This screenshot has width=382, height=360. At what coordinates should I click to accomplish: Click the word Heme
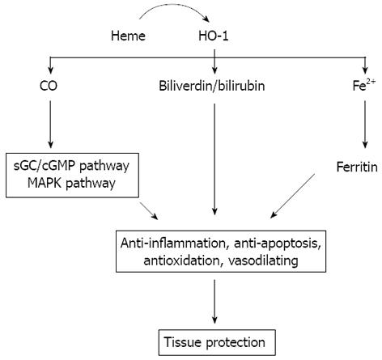tap(128, 36)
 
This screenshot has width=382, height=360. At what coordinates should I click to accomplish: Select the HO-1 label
tap(214, 36)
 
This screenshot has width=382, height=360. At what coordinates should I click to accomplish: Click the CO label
tap(49, 86)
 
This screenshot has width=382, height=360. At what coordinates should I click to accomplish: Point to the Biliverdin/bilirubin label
tap(212, 86)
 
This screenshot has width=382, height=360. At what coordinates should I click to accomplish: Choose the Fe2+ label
tap(364, 86)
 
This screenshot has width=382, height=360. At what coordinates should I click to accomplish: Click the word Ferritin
tap(357, 167)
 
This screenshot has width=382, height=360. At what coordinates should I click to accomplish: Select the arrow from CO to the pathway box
tap(50, 125)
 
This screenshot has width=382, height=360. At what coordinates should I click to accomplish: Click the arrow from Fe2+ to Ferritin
tap(365, 125)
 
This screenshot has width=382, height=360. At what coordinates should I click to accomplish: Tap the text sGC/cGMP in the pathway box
tap(45, 166)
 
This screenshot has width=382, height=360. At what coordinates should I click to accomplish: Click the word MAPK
tap(45, 183)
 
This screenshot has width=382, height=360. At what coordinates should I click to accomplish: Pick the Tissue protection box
tap(217, 342)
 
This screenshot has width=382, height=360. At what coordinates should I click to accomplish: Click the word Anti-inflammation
tap(173, 243)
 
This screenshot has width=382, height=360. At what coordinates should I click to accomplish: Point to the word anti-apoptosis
tap(278, 244)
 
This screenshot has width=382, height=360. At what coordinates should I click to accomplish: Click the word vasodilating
tap(263, 260)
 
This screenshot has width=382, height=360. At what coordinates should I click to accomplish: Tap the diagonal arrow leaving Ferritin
tap(292, 196)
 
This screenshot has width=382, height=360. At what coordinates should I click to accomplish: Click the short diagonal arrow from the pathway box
tap(149, 210)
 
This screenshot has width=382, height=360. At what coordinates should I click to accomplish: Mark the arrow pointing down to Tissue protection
tap(214, 302)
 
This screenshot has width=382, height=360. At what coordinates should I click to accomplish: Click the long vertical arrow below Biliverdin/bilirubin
tap(214, 159)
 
